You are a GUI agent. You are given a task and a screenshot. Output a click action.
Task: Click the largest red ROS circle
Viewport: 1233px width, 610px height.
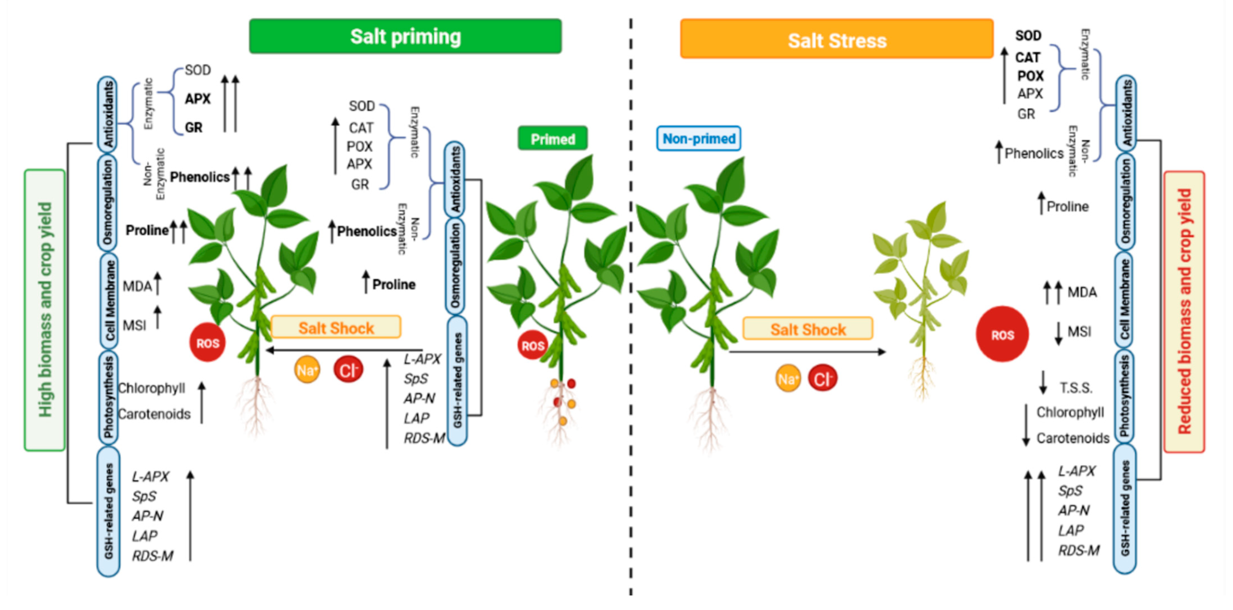pyautogui.click(x=1002, y=334)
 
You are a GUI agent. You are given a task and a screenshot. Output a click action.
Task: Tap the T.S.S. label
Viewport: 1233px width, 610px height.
pyautogui.click(x=1075, y=387)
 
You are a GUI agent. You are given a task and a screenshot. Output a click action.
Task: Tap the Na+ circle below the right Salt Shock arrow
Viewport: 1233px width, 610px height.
pyautogui.click(x=787, y=379)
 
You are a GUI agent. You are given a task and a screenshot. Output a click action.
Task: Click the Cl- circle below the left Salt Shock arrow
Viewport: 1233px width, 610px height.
pyautogui.click(x=348, y=370)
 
